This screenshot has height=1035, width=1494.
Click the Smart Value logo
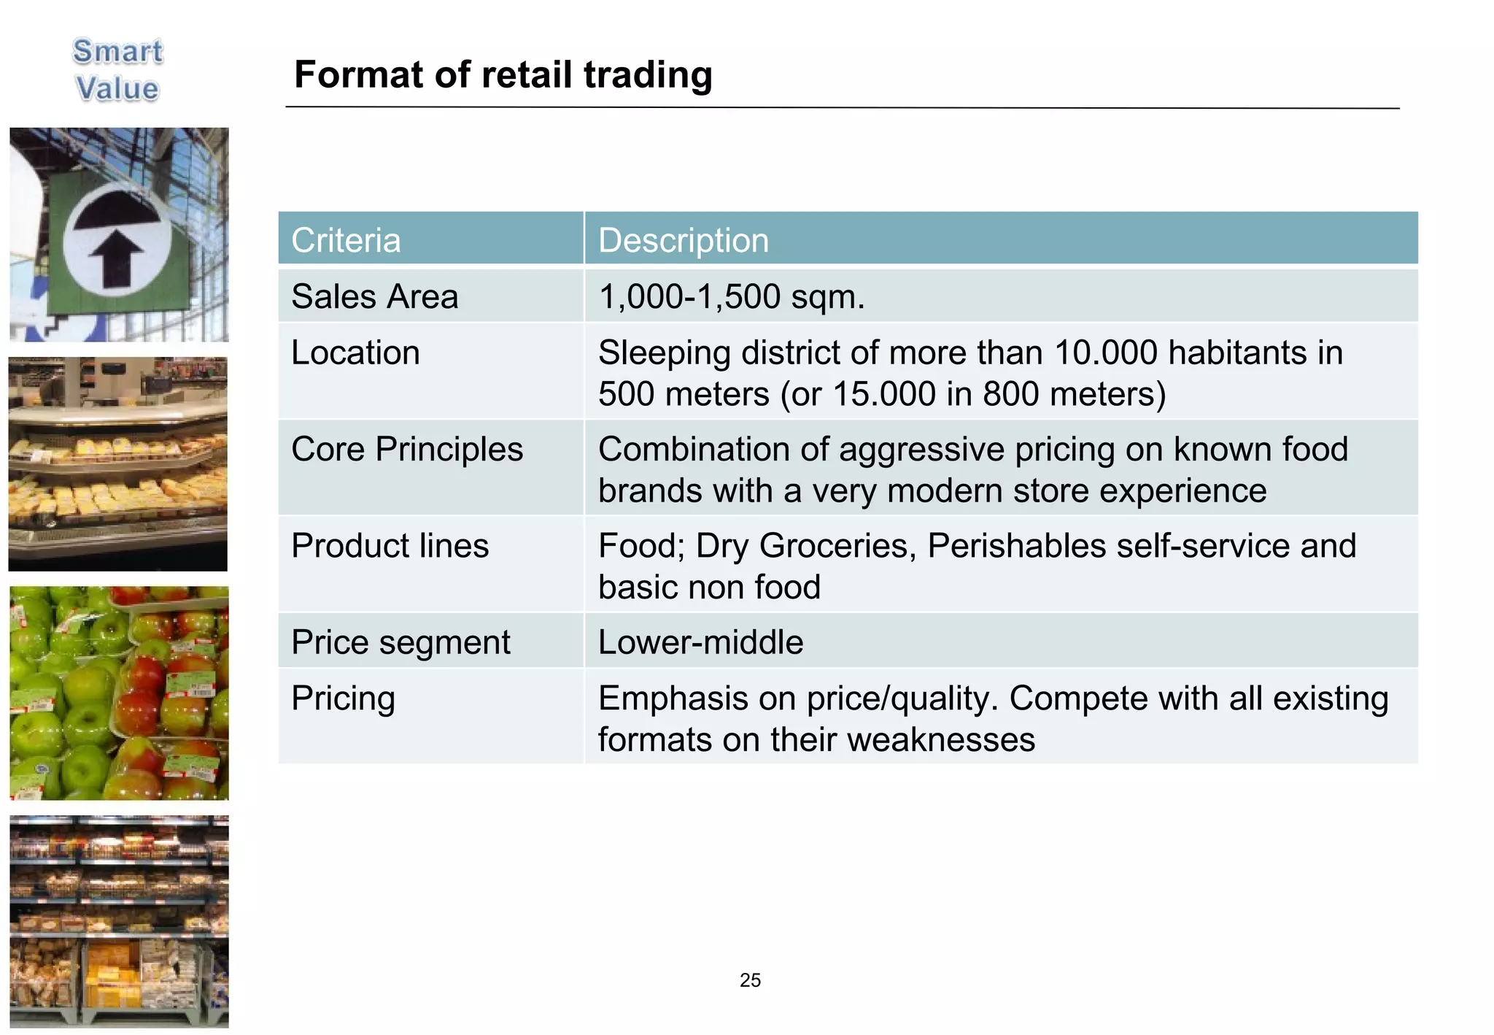117,70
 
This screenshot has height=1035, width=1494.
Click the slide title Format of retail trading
503,75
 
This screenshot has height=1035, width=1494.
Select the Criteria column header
346,240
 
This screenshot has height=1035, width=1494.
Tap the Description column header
683,240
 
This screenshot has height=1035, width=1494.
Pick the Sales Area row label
374,296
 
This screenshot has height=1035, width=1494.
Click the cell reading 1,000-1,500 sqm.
731,296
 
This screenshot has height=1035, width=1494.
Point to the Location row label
355,353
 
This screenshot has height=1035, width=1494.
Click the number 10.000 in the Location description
1105,353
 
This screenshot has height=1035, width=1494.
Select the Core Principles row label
407,449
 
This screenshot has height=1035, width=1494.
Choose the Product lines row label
390,546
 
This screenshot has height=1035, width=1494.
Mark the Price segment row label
400,642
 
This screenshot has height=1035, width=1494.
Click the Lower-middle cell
700,642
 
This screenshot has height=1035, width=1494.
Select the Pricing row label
343,699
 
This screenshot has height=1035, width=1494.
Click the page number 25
750,980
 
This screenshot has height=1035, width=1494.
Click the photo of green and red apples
119,693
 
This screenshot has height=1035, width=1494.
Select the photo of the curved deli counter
118,464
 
